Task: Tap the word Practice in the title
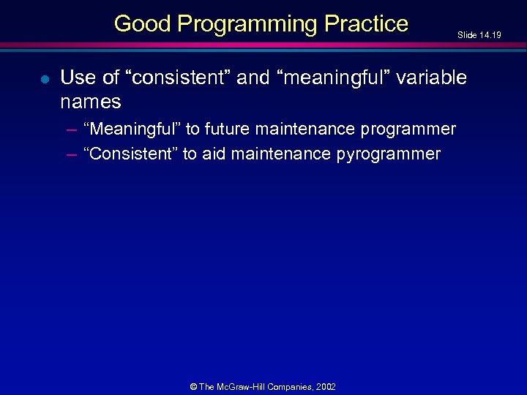coord(367,23)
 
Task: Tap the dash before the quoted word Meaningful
coord(71,129)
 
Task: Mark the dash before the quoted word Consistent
coord(71,154)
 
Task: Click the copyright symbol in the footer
coord(194,386)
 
